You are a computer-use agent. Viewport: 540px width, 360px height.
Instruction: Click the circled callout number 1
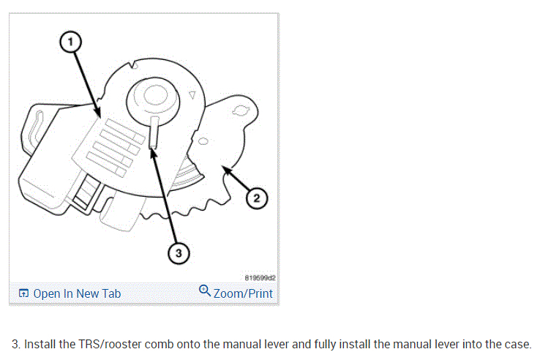coord(70,42)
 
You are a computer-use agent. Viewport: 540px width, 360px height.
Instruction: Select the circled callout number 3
coord(176,253)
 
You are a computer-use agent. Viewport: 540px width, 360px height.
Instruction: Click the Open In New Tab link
coord(77,293)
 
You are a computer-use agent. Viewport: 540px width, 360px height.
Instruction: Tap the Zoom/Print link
coord(243,293)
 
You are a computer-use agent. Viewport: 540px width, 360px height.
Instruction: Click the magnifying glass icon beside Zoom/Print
coord(205,292)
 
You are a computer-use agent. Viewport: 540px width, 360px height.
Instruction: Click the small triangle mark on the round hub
coord(192,94)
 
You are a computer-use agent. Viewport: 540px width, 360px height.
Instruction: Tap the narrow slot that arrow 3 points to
coord(154,132)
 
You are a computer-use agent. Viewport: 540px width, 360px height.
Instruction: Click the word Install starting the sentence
coord(41,344)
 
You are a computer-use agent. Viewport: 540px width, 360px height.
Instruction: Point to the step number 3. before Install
coord(17,344)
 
